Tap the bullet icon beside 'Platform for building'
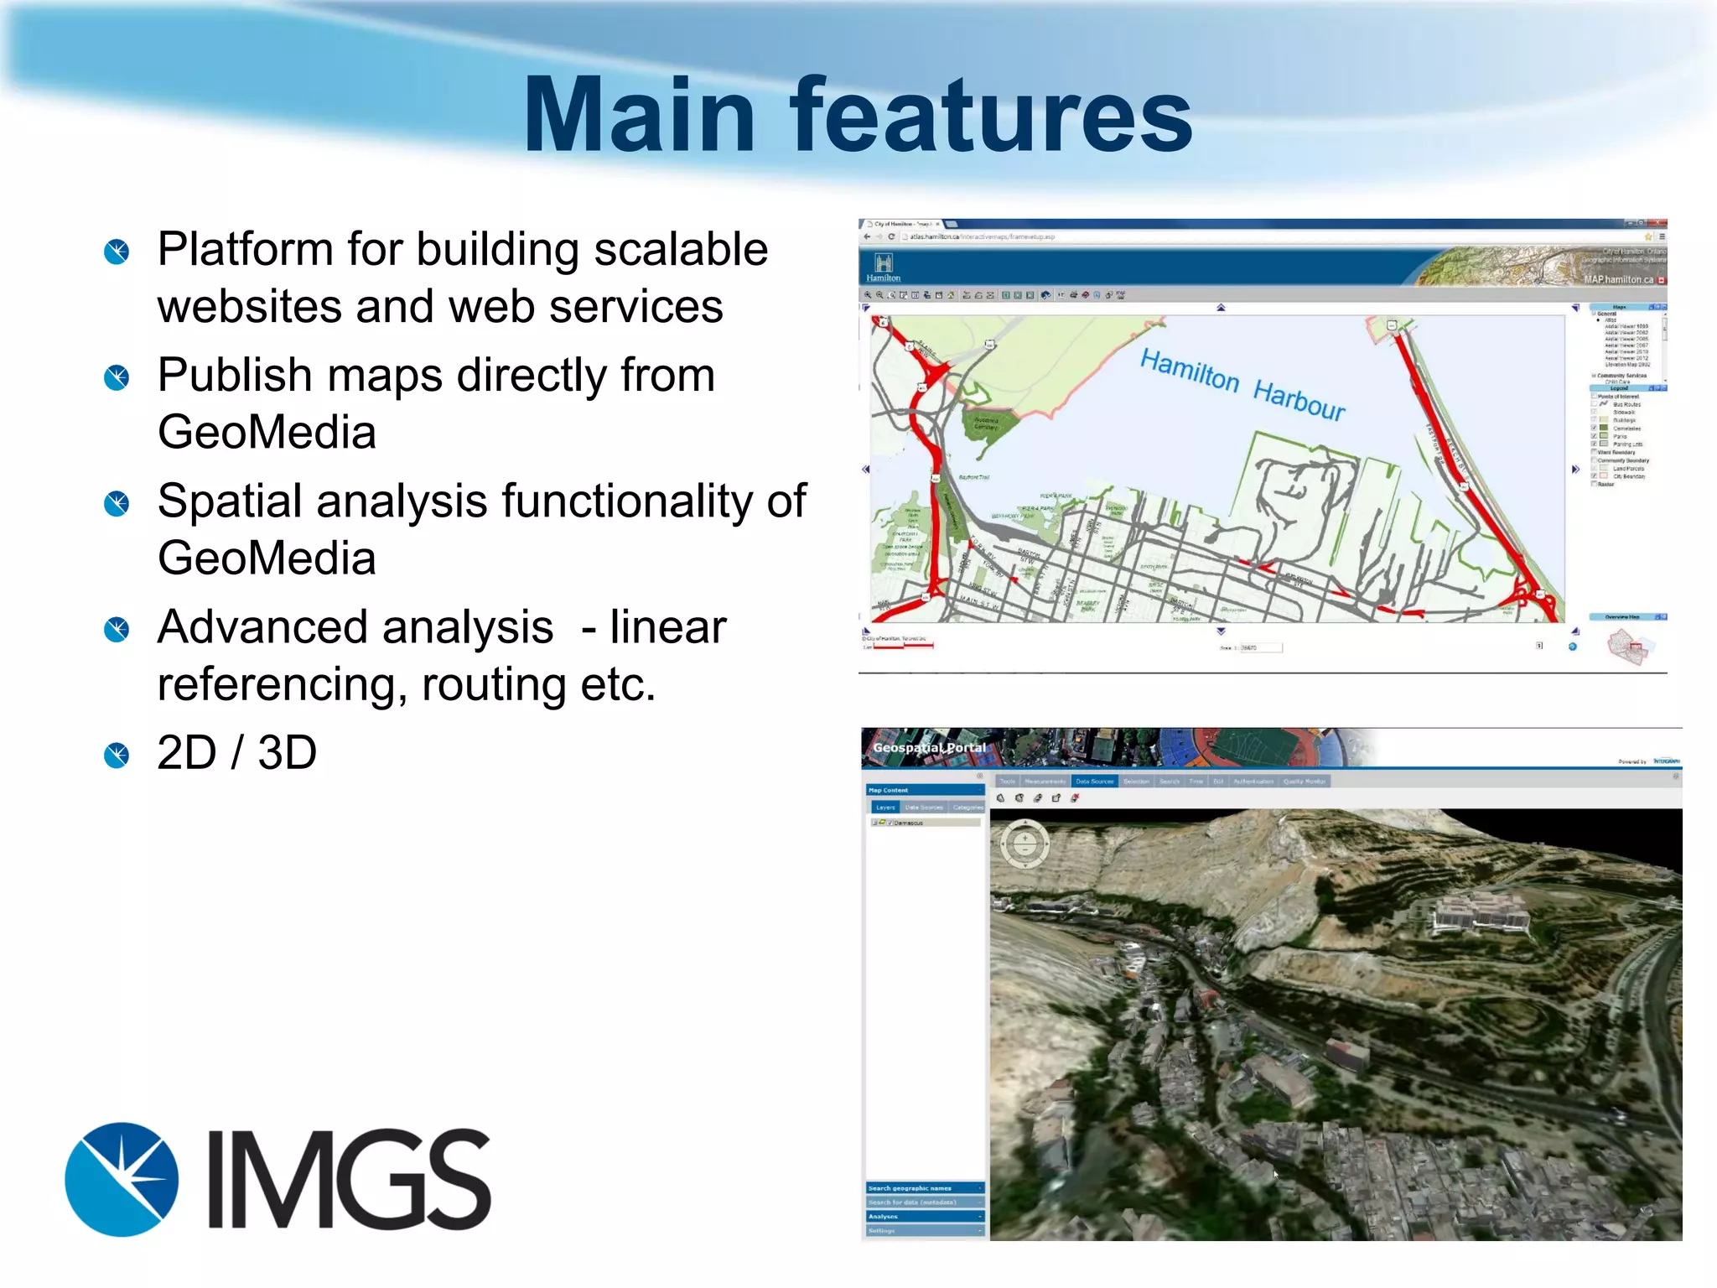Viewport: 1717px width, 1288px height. [117, 252]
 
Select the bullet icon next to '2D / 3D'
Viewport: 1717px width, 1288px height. [117, 755]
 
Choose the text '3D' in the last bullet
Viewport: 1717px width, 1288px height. [287, 753]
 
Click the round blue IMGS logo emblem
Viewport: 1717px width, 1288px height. [122, 1179]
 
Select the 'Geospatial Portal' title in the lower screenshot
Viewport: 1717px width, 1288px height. [929, 747]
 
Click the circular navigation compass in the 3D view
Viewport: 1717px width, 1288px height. [1024, 843]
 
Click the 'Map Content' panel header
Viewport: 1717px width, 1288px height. [889, 790]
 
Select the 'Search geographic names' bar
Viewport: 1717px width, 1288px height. [910, 1188]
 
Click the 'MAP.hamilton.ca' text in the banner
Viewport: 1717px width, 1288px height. [1618, 279]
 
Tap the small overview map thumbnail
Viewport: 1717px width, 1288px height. [1627, 647]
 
